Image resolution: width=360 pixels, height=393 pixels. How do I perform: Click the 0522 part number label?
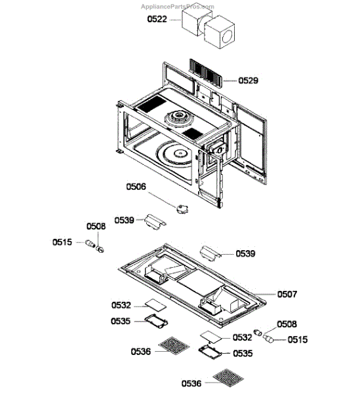coord(157,19)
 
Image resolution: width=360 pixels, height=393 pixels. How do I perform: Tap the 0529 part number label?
coord(248,81)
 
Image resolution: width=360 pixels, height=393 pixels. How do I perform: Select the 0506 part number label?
coord(136,187)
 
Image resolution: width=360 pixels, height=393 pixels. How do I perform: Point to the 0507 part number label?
coord(287,294)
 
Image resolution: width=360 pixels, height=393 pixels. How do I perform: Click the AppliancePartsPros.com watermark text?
coord(177,7)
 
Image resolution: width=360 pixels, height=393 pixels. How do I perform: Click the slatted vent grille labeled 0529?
coord(206,73)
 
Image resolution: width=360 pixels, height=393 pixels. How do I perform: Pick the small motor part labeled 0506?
coord(183,209)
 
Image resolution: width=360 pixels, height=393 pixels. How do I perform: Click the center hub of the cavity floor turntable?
coord(180,153)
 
